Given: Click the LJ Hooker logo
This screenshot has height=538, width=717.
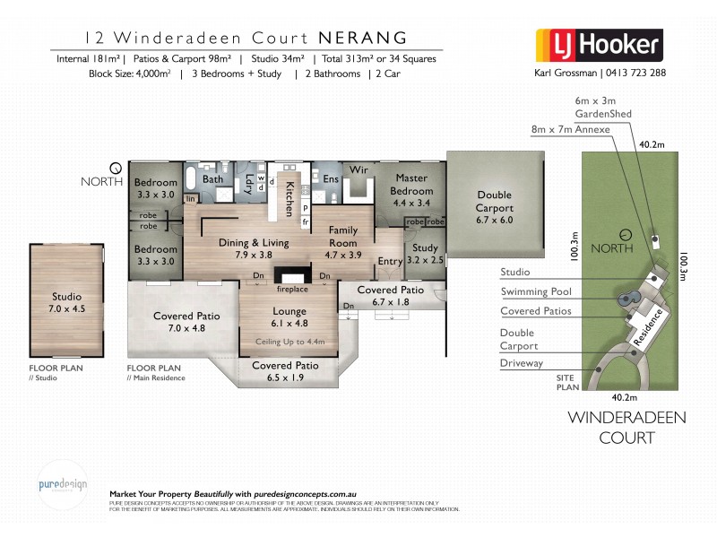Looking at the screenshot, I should coord(598,44).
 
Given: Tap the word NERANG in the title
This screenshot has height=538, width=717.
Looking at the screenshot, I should coord(363,38).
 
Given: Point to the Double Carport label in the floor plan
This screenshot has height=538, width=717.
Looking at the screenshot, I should coord(495,202).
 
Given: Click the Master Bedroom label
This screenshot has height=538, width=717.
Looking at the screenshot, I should coord(411,185).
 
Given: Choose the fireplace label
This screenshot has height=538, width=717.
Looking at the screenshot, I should coord(291,290).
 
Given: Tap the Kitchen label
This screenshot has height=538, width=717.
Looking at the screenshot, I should coord(289,196).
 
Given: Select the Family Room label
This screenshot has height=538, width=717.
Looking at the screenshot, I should coord(343,237).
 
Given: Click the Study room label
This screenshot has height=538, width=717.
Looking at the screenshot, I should coord(425,248).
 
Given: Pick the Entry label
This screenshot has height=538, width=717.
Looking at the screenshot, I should coord(391,261).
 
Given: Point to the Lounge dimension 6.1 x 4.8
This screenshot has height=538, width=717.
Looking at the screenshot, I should coord(283,323).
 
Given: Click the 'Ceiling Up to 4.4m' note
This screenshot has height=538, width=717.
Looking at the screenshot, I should coord(283,343).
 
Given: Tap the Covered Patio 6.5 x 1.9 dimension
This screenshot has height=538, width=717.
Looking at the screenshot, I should coord(284,378).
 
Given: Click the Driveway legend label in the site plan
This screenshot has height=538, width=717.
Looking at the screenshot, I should coord(522,362).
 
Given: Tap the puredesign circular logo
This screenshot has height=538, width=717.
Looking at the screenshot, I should coord(63,485).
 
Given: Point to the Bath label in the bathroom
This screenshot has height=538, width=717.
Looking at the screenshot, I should coord(212,179).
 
